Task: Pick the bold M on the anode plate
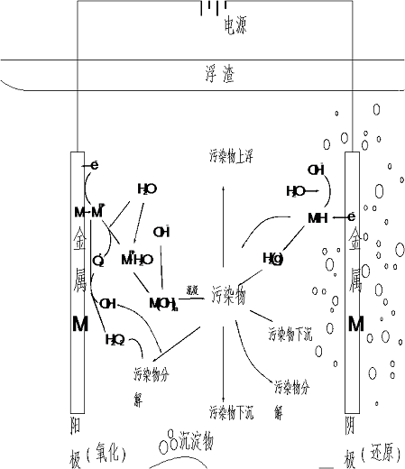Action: click(x=79, y=324)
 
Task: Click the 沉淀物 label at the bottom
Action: click(x=196, y=441)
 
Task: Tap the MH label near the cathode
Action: click(x=318, y=217)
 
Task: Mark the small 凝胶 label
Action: click(x=192, y=290)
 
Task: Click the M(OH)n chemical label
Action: click(x=161, y=303)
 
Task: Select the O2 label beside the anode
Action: click(x=98, y=262)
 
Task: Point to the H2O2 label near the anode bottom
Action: click(x=115, y=340)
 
